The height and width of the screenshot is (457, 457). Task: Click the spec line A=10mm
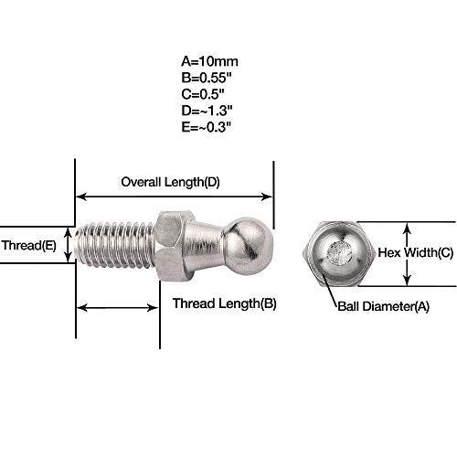click(x=209, y=61)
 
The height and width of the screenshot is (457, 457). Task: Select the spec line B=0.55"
click(x=207, y=78)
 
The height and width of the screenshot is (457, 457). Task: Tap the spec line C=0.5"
click(x=203, y=94)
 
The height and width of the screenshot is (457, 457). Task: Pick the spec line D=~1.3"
click(x=207, y=111)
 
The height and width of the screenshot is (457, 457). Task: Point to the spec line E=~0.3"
click(x=207, y=127)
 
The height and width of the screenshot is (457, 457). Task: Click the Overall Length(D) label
click(x=170, y=182)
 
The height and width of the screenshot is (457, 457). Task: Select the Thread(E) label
click(x=29, y=245)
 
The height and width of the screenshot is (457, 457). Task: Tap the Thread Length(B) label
click(x=225, y=303)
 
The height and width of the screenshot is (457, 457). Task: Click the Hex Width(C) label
click(x=416, y=252)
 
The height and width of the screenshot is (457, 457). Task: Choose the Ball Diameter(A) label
click(x=384, y=306)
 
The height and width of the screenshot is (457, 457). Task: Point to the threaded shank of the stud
click(x=114, y=245)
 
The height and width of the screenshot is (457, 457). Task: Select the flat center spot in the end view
click(x=339, y=252)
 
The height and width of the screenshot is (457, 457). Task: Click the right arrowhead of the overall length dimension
click(x=267, y=197)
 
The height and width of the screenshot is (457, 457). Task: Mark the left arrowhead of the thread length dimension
click(x=81, y=308)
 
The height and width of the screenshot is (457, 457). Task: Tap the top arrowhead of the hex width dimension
click(x=407, y=228)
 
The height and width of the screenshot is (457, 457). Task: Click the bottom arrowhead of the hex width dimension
click(x=407, y=281)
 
